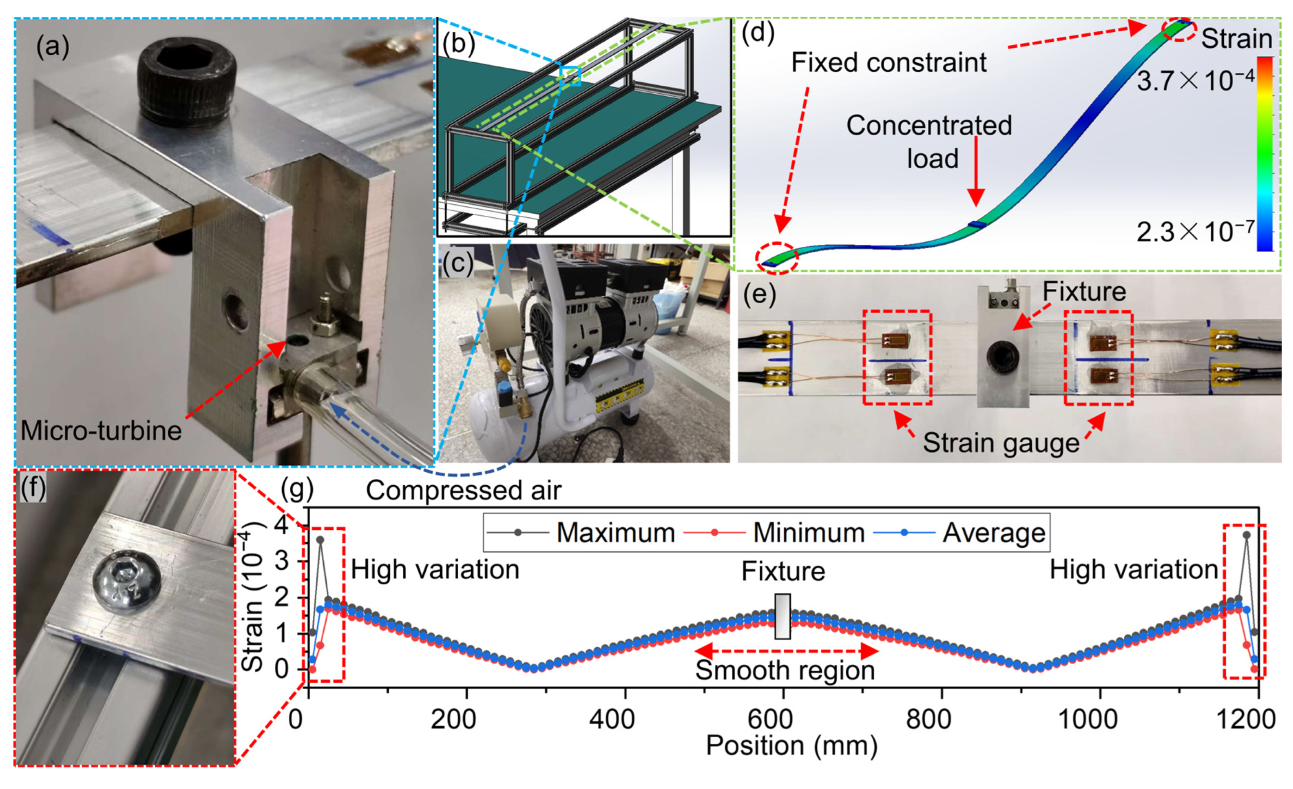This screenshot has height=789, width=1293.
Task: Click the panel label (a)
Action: coord(52,47)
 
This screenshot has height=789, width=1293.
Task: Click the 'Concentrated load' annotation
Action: coord(929,142)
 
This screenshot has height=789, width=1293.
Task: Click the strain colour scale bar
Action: coord(1265,154)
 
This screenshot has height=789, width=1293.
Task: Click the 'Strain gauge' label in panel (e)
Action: coord(1001,443)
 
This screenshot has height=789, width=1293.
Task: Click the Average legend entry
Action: coord(960,532)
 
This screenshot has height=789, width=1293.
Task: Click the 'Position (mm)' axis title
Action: coord(792,745)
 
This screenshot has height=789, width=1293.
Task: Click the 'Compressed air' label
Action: coord(463,491)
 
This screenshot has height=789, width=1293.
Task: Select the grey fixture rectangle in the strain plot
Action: coord(782,617)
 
